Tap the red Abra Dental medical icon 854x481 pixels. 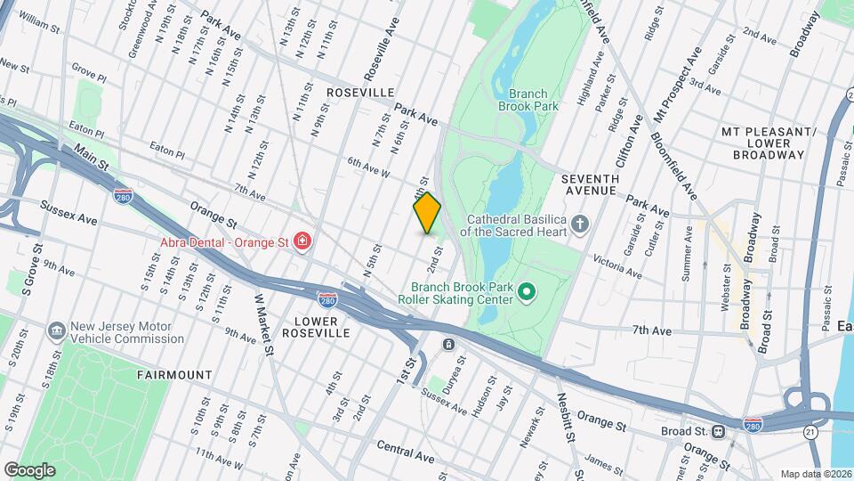(x=303, y=240)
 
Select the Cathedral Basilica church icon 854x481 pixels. (x=580, y=224)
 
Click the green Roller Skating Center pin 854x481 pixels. (x=526, y=290)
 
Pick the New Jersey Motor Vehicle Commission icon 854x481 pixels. (x=58, y=330)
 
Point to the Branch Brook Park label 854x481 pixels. (x=534, y=99)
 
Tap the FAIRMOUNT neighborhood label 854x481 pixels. (x=174, y=375)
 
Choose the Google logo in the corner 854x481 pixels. (x=29, y=469)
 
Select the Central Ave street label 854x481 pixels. (x=405, y=451)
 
